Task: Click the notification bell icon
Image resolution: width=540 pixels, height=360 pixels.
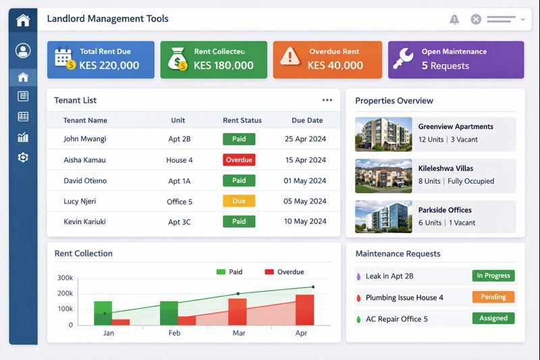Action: point(454,20)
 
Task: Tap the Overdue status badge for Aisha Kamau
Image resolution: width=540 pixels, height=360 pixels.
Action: point(239,160)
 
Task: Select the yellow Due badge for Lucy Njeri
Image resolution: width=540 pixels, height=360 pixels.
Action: point(239,201)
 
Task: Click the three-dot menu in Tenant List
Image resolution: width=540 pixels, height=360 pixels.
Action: point(327,100)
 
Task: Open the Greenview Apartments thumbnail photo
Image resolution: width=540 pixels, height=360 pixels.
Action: point(383,134)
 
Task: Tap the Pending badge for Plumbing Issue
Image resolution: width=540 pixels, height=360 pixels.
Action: point(493,297)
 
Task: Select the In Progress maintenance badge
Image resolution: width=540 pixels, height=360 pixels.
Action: point(493,276)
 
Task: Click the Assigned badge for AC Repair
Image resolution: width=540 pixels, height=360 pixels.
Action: point(493,318)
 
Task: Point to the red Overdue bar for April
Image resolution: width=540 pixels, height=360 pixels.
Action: point(304,310)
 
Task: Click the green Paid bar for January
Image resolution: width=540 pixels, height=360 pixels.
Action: point(103,313)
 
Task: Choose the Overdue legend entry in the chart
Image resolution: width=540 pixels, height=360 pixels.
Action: point(284,272)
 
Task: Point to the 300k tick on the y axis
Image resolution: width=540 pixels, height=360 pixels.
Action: point(65,278)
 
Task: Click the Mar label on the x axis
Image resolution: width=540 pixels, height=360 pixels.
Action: point(239,334)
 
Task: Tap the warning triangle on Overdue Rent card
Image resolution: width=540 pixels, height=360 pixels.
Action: point(290,57)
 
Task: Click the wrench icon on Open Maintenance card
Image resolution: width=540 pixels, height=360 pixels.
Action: point(404,57)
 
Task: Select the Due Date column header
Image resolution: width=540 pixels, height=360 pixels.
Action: point(307,120)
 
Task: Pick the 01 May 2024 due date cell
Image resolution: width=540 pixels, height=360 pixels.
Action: point(304,181)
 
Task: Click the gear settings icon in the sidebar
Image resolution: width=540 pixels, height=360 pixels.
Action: point(23,157)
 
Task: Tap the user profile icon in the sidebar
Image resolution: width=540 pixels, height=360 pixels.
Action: point(23,51)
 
